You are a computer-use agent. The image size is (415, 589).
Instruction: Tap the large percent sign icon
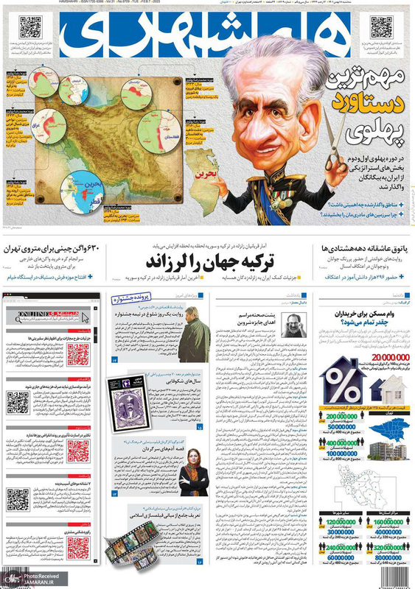coord(343,384)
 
